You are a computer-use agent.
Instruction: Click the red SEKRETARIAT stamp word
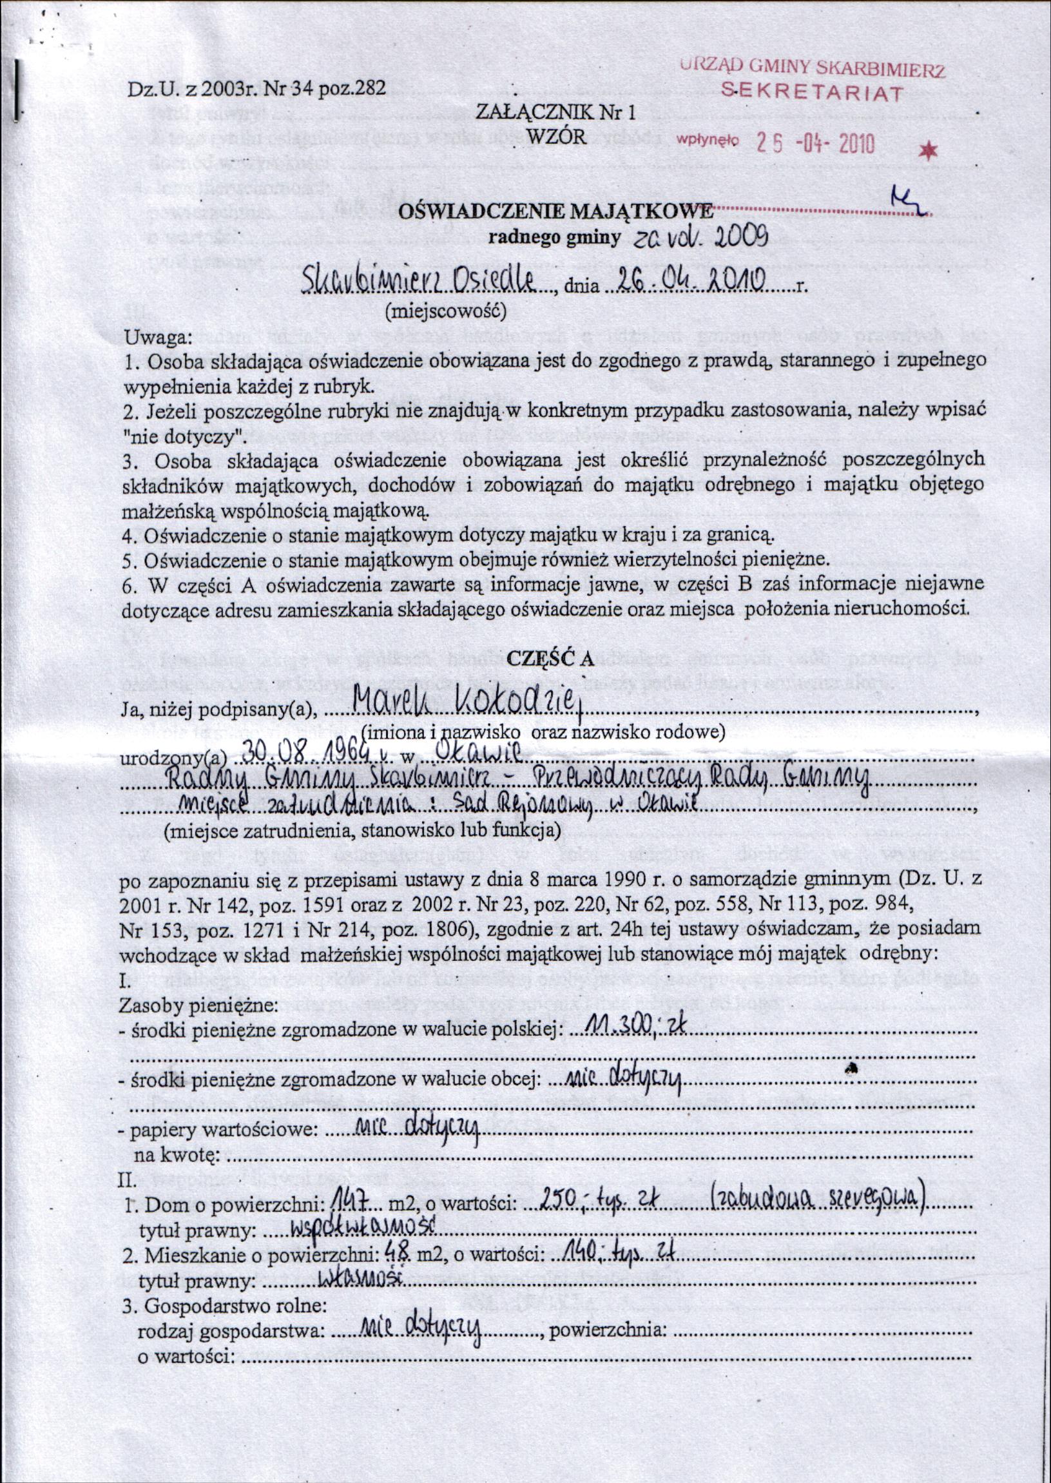pyautogui.click(x=812, y=93)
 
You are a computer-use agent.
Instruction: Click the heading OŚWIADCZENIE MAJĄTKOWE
pyautogui.click(x=557, y=211)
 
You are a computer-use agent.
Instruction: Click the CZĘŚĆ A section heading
pyautogui.click(x=550, y=657)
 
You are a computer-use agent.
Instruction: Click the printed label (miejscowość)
pyautogui.click(x=445, y=312)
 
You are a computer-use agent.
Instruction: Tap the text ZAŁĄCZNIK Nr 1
pyautogui.click(x=556, y=113)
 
